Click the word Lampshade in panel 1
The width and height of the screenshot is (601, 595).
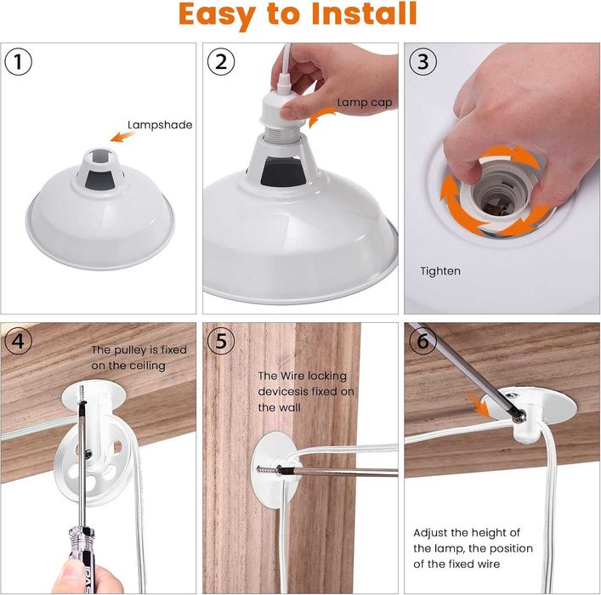[160, 125]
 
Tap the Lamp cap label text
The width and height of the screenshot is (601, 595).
[364, 103]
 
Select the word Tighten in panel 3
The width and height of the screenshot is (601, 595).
[440, 271]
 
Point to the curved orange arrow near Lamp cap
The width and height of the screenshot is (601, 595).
[320, 116]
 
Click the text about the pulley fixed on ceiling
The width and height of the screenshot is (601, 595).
[129, 358]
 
